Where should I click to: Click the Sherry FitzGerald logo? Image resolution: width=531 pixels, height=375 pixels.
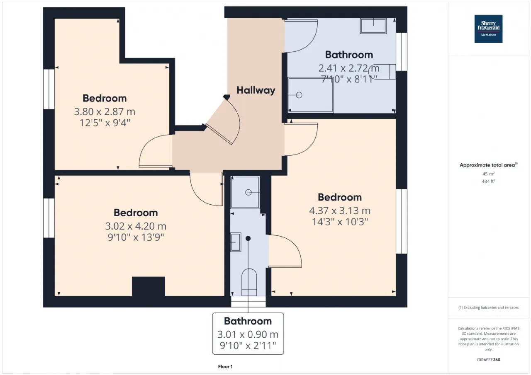pos(488,29)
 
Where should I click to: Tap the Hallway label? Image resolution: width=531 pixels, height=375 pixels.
pos(256,90)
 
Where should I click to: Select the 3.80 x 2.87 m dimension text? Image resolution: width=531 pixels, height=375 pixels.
pos(105,111)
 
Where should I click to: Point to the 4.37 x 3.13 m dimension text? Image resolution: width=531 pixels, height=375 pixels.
pos(340,210)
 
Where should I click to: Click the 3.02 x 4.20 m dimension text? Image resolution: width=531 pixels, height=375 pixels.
pos(136,226)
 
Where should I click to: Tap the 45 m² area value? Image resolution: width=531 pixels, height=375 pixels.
pos(488,174)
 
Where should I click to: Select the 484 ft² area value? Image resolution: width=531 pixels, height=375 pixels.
pos(488,181)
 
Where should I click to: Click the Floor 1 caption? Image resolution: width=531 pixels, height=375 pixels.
pos(225,366)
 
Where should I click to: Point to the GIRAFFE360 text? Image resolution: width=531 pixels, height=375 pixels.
pos(488,360)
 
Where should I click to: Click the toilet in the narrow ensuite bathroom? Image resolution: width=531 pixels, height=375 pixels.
pos(249,282)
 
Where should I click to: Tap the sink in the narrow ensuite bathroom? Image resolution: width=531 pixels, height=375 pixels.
pos(236,242)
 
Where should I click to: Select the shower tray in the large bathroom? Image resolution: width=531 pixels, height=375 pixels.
pos(310,95)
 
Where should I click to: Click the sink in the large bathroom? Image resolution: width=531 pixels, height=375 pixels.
pos(373,26)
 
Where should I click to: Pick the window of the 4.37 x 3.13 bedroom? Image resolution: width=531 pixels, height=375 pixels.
pos(402,221)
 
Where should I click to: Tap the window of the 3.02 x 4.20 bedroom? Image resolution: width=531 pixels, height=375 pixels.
pos(49,218)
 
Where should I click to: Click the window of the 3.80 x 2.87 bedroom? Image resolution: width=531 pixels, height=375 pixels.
pos(49,89)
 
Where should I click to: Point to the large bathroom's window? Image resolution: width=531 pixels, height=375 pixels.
pos(402,52)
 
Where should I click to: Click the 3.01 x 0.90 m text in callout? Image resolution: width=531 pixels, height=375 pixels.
pos(248,334)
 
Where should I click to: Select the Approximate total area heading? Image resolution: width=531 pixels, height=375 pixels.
pos(488,165)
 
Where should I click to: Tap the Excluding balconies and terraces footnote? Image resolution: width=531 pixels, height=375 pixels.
pos(488,307)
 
